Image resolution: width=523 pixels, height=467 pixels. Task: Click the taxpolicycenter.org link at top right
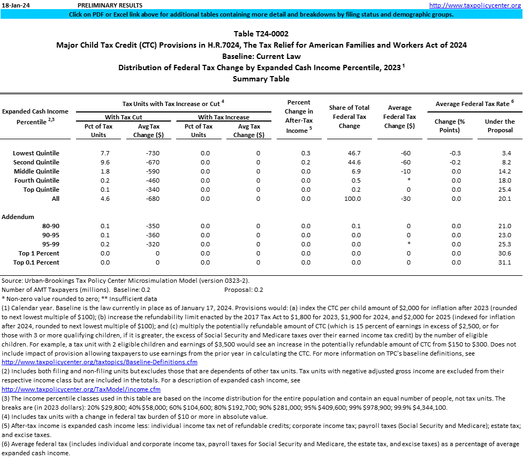(x=475, y=5)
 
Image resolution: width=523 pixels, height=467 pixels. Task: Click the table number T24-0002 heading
(x=261, y=34)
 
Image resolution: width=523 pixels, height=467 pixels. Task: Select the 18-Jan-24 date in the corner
(x=15, y=5)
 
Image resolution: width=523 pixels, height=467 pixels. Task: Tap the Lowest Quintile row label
(x=36, y=153)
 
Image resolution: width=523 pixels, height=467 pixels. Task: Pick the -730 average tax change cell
(x=153, y=153)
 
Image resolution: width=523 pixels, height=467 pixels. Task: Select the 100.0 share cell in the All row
(x=352, y=199)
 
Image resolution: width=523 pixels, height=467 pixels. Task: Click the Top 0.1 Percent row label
(x=36, y=262)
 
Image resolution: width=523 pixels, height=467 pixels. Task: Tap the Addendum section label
(x=18, y=217)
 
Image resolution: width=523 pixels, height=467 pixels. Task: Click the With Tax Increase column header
(x=224, y=117)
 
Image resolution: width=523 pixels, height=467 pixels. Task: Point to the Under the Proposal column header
(x=499, y=126)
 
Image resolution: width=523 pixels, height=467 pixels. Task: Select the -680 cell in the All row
(x=153, y=199)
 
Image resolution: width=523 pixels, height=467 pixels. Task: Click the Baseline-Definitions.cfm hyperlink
(x=92, y=362)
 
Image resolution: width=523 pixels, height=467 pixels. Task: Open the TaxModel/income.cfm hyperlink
(x=81, y=389)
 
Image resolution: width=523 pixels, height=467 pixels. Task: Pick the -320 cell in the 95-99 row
(x=153, y=244)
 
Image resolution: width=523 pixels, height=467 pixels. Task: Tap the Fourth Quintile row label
(x=36, y=180)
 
